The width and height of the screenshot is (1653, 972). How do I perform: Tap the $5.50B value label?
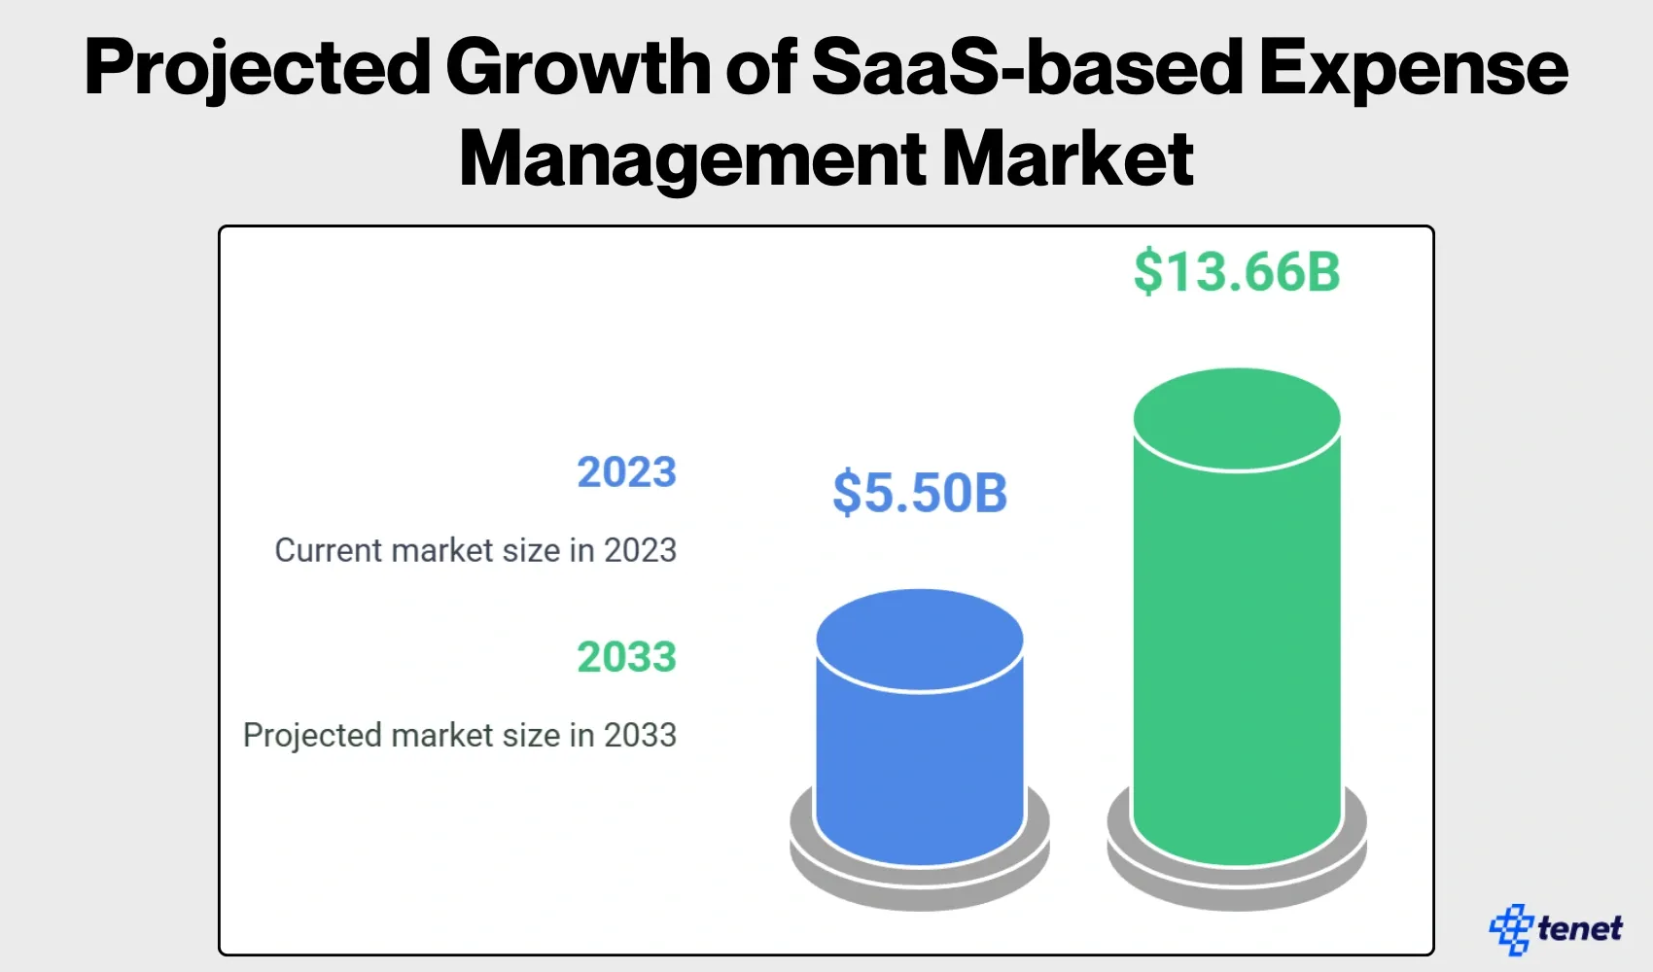point(920,492)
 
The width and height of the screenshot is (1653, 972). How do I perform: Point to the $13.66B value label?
point(1237,271)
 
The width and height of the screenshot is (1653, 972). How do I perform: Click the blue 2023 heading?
point(626,472)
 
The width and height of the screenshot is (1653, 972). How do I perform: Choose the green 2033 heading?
point(626,657)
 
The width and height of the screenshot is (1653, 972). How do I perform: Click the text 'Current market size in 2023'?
point(475,550)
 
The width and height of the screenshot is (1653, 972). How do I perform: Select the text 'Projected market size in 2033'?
point(460,735)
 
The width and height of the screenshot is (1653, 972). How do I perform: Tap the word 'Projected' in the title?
point(258,68)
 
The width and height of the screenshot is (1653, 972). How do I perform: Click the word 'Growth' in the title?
point(579,68)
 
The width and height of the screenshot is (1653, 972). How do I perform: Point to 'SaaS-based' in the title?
point(1027,68)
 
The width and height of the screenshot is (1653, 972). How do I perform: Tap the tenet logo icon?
point(1511,929)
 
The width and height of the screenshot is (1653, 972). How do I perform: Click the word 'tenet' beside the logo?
point(1580,929)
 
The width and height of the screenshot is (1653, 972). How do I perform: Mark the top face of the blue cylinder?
point(920,640)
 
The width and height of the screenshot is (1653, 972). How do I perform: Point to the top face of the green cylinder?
point(1237,419)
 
